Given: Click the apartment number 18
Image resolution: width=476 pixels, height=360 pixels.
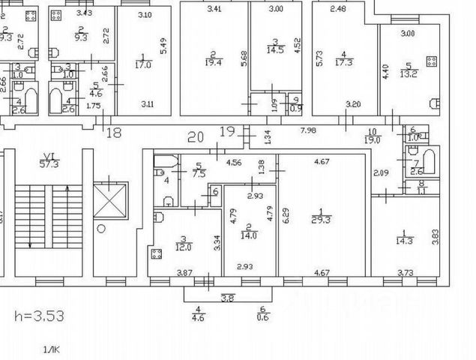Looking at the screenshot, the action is pyautogui.click(x=114, y=133).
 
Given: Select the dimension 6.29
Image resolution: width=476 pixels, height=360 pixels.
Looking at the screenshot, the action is pyautogui.click(x=285, y=218).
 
